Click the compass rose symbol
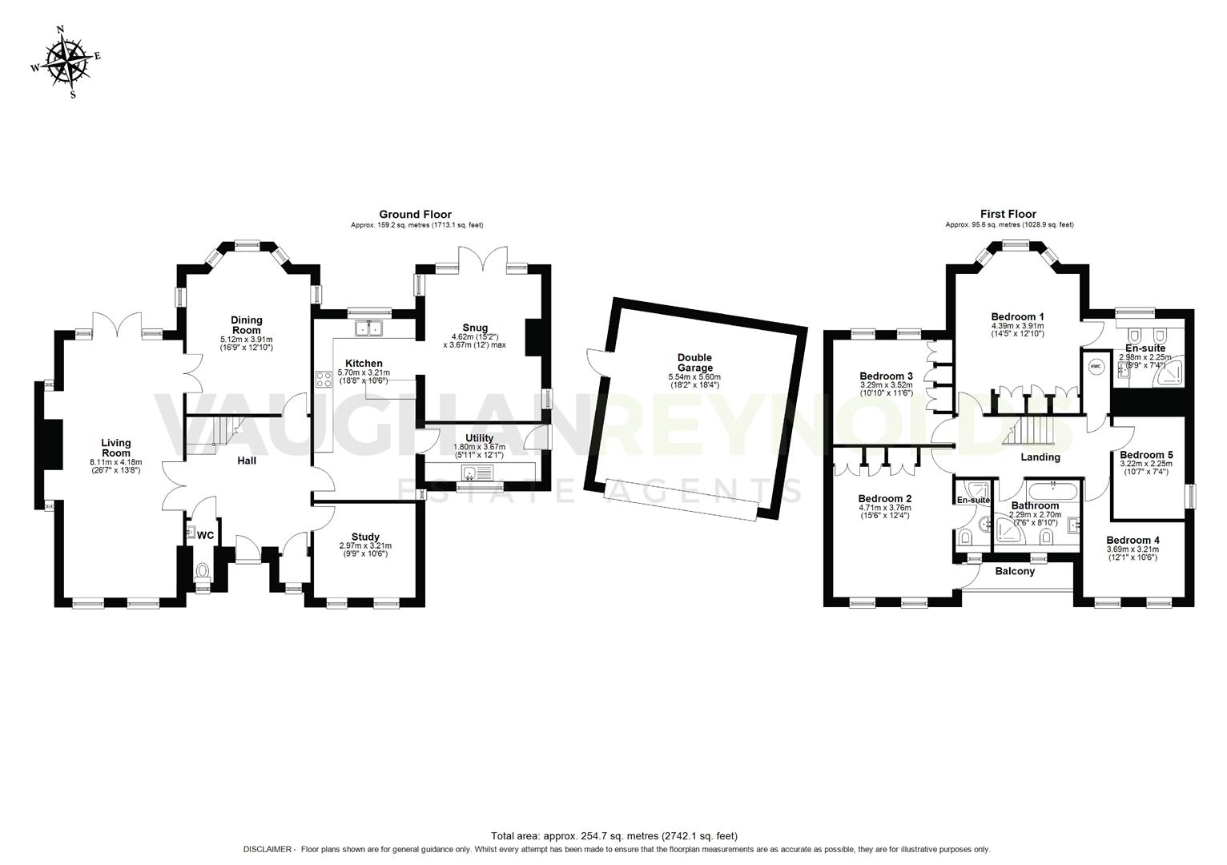click(x=66, y=62)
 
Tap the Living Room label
click(x=116, y=448)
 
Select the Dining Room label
click(x=247, y=325)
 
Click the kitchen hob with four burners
click(x=324, y=380)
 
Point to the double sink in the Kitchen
click(x=369, y=328)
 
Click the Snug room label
click(x=475, y=328)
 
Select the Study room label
click(x=365, y=537)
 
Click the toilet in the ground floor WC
click(x=203, y=572)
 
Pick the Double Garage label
click(x=694, y=363)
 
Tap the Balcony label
click(x=1015, y=571)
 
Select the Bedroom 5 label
click(x=1145, y=455)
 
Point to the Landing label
click(x=1040, y=457)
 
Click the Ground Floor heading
click(x=415, y=214)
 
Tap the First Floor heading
click(x=1008, y=214)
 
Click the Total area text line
click(x=613, y=836)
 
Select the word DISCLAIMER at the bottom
click(x=268, y=849)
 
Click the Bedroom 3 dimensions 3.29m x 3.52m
click(x=886, y=384)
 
